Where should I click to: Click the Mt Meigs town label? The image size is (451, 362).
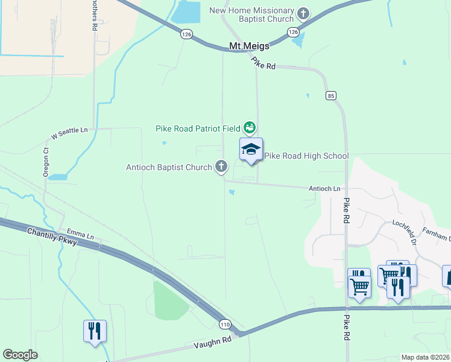(x=249, y=46)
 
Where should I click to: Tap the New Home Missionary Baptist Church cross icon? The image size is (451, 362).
(x=303, y=13)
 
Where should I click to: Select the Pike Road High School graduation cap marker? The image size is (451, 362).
(x=251, y=150)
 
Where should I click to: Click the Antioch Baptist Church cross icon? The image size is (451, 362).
(x=221, y=167)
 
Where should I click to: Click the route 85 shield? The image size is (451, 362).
(x=330, y=95)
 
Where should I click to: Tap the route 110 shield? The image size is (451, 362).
(x=224, y=324)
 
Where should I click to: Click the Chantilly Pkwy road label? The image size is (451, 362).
(x=52, y=237)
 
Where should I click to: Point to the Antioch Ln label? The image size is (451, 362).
(x=325, y=188)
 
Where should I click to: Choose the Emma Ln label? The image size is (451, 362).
(x=81, y=235)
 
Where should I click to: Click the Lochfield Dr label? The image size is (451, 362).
(x=413, y=232)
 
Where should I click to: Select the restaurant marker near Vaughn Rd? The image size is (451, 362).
(x=95, y=331)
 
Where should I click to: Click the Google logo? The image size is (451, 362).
(x=20, y=355)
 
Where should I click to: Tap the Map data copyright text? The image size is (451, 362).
(x=425, y=357)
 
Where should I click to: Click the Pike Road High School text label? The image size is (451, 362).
(x=306, y=156)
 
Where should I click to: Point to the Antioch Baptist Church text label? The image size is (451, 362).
(x=168, y=167)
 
